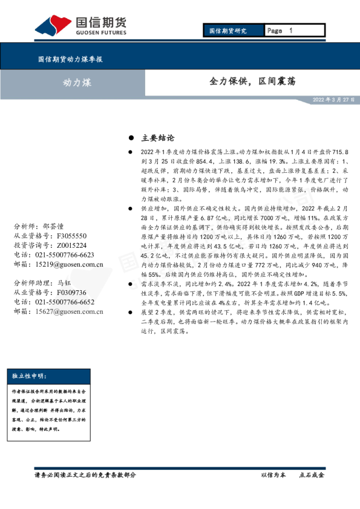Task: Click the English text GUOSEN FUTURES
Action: click(100, 33)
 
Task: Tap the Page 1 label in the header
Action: click(280, 30)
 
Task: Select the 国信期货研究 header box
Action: click(228, 30)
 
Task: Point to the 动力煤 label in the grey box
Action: click(77, 82)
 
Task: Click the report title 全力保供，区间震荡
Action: click(252, 81)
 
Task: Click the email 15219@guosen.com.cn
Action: click(70, 264)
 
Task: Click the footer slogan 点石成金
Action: click(312, 475)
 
